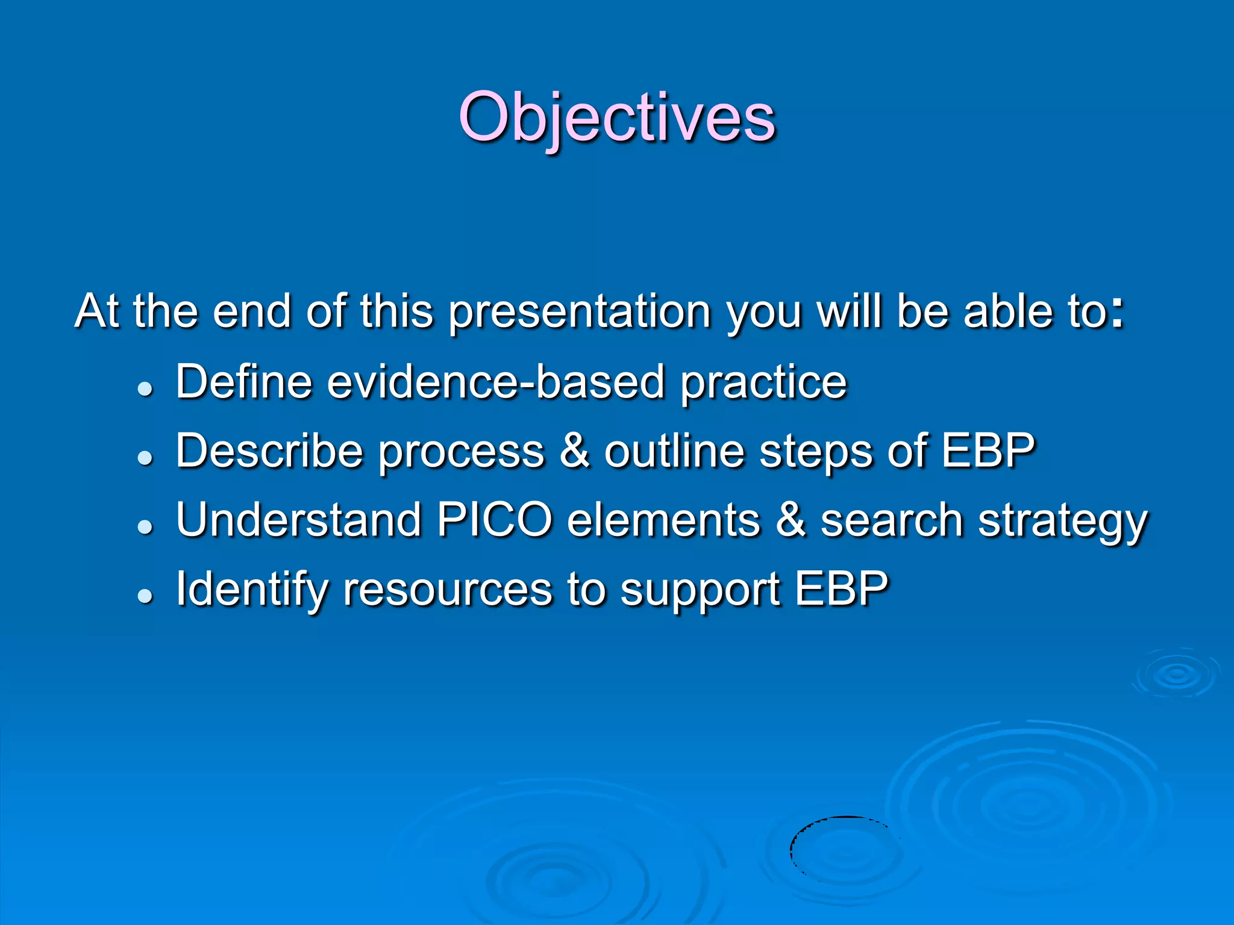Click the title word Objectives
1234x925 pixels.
tap(616, 117)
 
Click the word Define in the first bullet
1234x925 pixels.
tap(243, 382)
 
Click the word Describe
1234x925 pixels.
tap(269, 451)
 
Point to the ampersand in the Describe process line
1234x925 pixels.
tap(574, 451)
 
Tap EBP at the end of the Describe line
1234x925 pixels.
tap(988, 451)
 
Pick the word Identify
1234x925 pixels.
tap(251, 590)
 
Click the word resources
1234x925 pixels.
tap(447, 591)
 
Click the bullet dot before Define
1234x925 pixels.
tap(145, 389)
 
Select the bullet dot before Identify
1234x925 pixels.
tap(145, 596)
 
